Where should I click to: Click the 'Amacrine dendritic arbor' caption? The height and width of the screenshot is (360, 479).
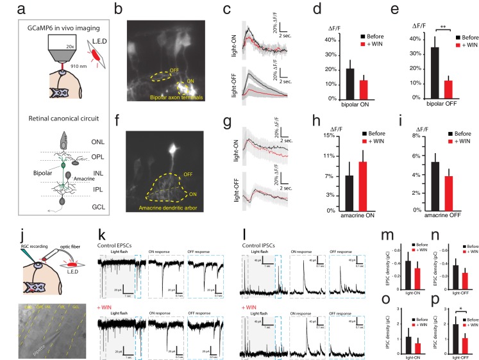pos(168,207)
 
